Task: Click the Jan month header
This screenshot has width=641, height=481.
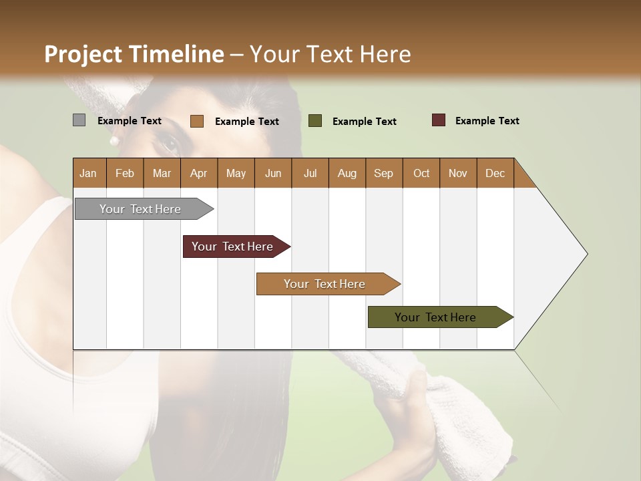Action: point(88,173)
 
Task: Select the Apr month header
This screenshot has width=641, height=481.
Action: point(198,173)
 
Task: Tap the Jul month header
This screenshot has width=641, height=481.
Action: point(310,173)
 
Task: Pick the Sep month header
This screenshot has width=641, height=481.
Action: point(383,173)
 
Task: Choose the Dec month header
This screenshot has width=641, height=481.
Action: point(495,173)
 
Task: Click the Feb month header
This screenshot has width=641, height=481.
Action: point(125,173)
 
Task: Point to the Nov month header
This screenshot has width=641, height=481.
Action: point(457,173)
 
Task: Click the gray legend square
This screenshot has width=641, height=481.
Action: point(79,120)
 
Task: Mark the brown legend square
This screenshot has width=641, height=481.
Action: point(196,121)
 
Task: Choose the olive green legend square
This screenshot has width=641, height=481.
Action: point(315,121)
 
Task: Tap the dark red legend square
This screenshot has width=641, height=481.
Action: point(439,120)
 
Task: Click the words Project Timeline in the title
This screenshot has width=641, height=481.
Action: point(134,54)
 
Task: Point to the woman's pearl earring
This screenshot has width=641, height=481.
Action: point(114,141)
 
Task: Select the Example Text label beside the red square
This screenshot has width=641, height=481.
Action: point(487,121)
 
